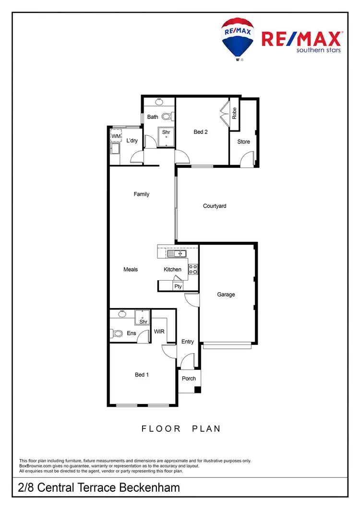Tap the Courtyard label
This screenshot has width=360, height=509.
pos(215,206)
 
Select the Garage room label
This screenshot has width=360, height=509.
pos(226,295)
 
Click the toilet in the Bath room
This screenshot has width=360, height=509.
pos(167,116)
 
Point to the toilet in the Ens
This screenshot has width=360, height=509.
pos(116,332)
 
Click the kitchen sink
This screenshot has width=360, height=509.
pos(176,253)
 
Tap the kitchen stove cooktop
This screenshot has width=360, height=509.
pos(193,269)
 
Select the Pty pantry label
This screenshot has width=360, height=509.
pos(178,286)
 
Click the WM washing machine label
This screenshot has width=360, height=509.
pos(116,136)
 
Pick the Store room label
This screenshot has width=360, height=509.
pos(244,142)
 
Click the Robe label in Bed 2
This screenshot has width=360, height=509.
pos(234,113)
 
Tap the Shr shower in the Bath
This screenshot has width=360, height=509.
pos(166,133)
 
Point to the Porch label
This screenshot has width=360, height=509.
pos(189,379)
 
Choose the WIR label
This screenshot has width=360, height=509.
pos(159,331)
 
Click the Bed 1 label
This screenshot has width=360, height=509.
pos(142,375)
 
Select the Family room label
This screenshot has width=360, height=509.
pos(142,194)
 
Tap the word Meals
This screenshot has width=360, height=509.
pos(131,270)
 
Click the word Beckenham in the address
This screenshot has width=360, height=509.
pos(151,488)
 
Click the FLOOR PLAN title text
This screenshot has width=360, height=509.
pos(181,428)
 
